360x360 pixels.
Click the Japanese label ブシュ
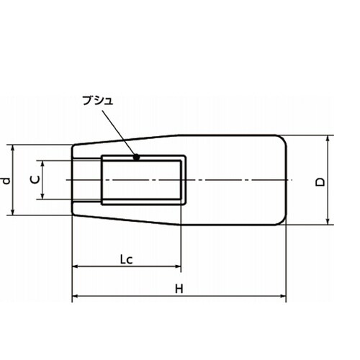click(x=97, y=101)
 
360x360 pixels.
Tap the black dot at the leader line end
click(x=136, y=158)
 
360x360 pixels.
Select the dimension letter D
click(x=320, y=182)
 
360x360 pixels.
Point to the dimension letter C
click(x=35, y=179)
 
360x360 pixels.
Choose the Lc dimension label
click(x=126, y=260)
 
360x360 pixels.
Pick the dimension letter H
click(x=179, y=289)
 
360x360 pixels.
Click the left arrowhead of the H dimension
click(x=75, y=296)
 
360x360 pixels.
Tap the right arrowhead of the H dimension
click(x=283, y=296)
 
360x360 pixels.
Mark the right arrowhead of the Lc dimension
click(x=178, y=266)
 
